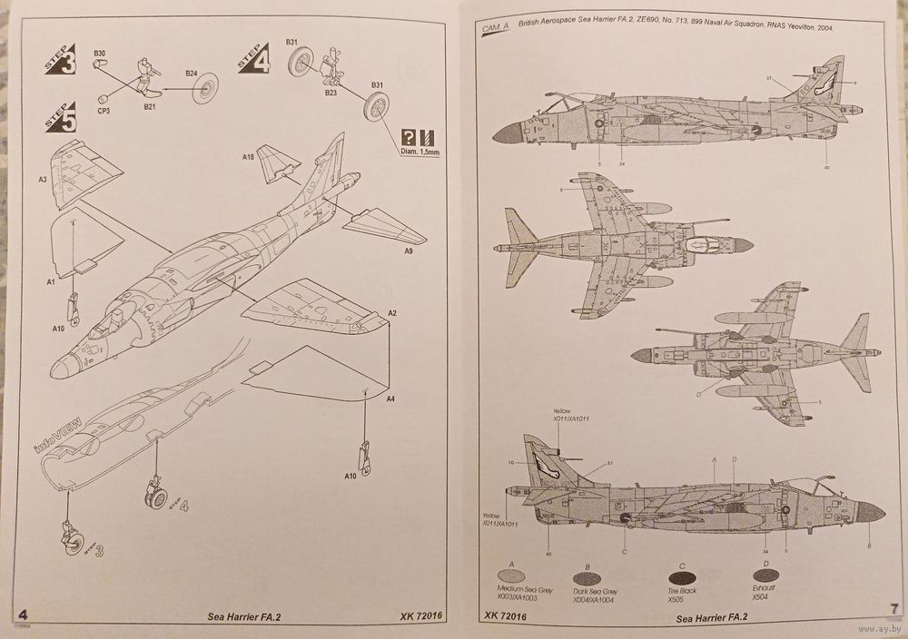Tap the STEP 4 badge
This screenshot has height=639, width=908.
pyautogui.click(x=253, y=59)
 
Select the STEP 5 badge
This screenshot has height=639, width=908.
pyautogui.click(x=57, y=118)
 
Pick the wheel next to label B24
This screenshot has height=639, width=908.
pyautogui.click(x=207, y=87)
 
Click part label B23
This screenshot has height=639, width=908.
pyautogui.click(x=331, y=92)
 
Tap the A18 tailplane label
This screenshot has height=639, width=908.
pyautogui.click(x=248, y=157)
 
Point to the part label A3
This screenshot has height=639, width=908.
pyautogui.click(x=43, y=180)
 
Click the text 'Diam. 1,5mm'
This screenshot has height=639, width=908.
pyautogui.click(x=419, y=152)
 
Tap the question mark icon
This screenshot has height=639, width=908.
pyautogui.click(x=409, y=138)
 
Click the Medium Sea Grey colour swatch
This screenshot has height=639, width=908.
pyautogui.click(x=512, y=575)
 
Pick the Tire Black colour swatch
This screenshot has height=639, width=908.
pyautogui.click(x=682, y=575)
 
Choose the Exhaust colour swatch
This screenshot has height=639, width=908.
pyautogui.click(x=766, y=575)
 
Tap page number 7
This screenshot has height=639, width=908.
pyautogui.click(x=893, y=608)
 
